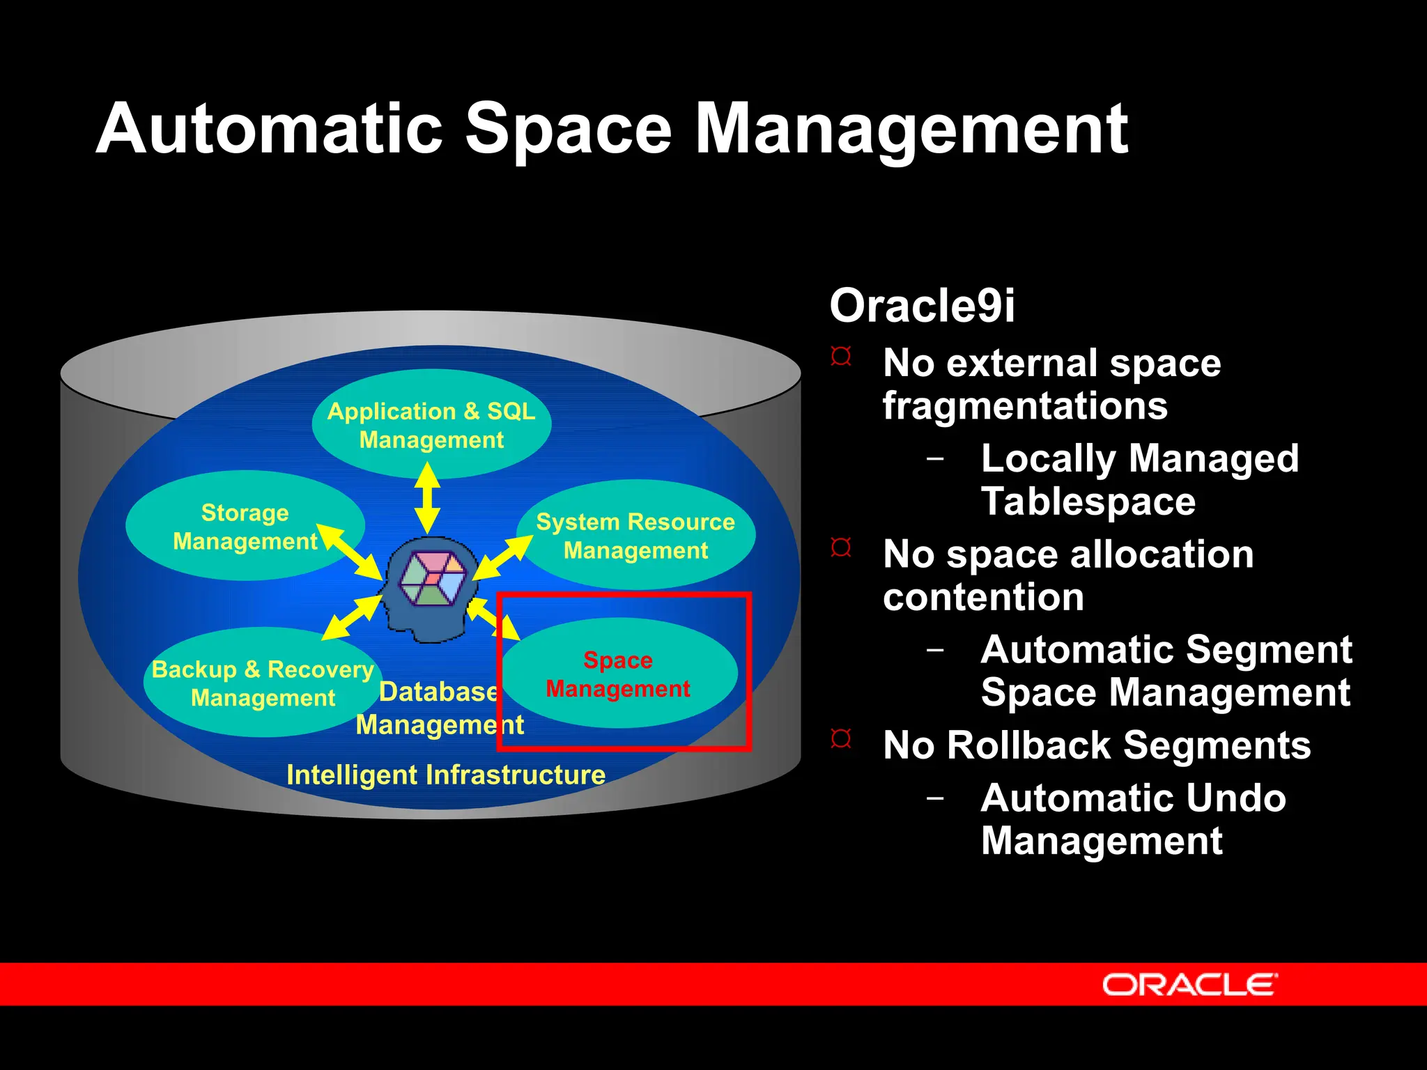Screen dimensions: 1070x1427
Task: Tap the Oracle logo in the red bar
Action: [1189, 984]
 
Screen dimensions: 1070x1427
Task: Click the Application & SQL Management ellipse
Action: [431, 425]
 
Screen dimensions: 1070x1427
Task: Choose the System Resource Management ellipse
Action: [635, 536]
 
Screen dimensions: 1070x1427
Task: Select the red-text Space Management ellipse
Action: [618, 674]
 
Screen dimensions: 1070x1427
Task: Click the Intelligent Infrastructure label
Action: [446, 775]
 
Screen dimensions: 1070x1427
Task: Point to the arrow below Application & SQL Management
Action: [427, 499]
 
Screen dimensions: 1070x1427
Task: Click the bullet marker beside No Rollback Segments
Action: [841, 738]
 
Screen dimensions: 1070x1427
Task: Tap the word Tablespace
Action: [1088, 502]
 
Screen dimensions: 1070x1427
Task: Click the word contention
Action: [982, 597]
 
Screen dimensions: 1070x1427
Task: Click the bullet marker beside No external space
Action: [841, 357]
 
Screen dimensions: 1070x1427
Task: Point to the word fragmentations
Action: [1024, 405]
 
